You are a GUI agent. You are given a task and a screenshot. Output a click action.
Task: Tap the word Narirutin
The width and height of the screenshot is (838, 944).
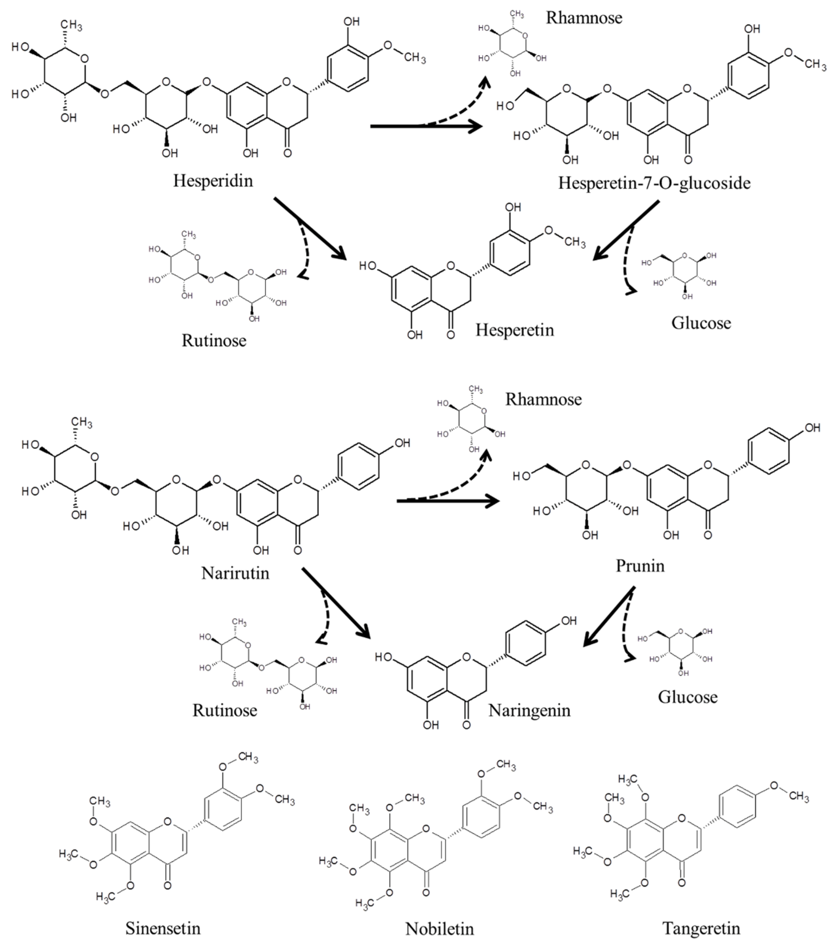point(235,573)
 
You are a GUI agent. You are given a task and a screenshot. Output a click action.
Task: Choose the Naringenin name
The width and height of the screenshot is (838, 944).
point(529,710)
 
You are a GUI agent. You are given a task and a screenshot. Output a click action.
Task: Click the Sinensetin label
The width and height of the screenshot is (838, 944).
point(163,928)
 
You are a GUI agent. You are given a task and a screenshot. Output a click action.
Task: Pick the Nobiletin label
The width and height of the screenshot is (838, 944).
point(439,928)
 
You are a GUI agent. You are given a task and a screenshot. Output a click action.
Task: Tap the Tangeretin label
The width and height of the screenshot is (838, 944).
point(701,928)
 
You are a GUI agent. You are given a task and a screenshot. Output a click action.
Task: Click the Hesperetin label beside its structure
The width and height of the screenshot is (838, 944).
point(515,330)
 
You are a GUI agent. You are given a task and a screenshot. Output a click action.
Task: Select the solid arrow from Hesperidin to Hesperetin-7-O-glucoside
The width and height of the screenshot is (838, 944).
point(425,126)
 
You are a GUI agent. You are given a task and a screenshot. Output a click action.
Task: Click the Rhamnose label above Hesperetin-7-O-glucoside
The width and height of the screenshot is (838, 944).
point(584,18)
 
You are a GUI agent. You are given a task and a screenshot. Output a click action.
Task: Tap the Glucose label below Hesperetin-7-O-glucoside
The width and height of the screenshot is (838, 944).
point(701,323)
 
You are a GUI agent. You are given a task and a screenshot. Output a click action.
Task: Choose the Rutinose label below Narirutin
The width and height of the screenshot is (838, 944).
point(224,710)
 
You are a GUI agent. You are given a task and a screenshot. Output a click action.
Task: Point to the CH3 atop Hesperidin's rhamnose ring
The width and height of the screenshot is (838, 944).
point(72,25)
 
